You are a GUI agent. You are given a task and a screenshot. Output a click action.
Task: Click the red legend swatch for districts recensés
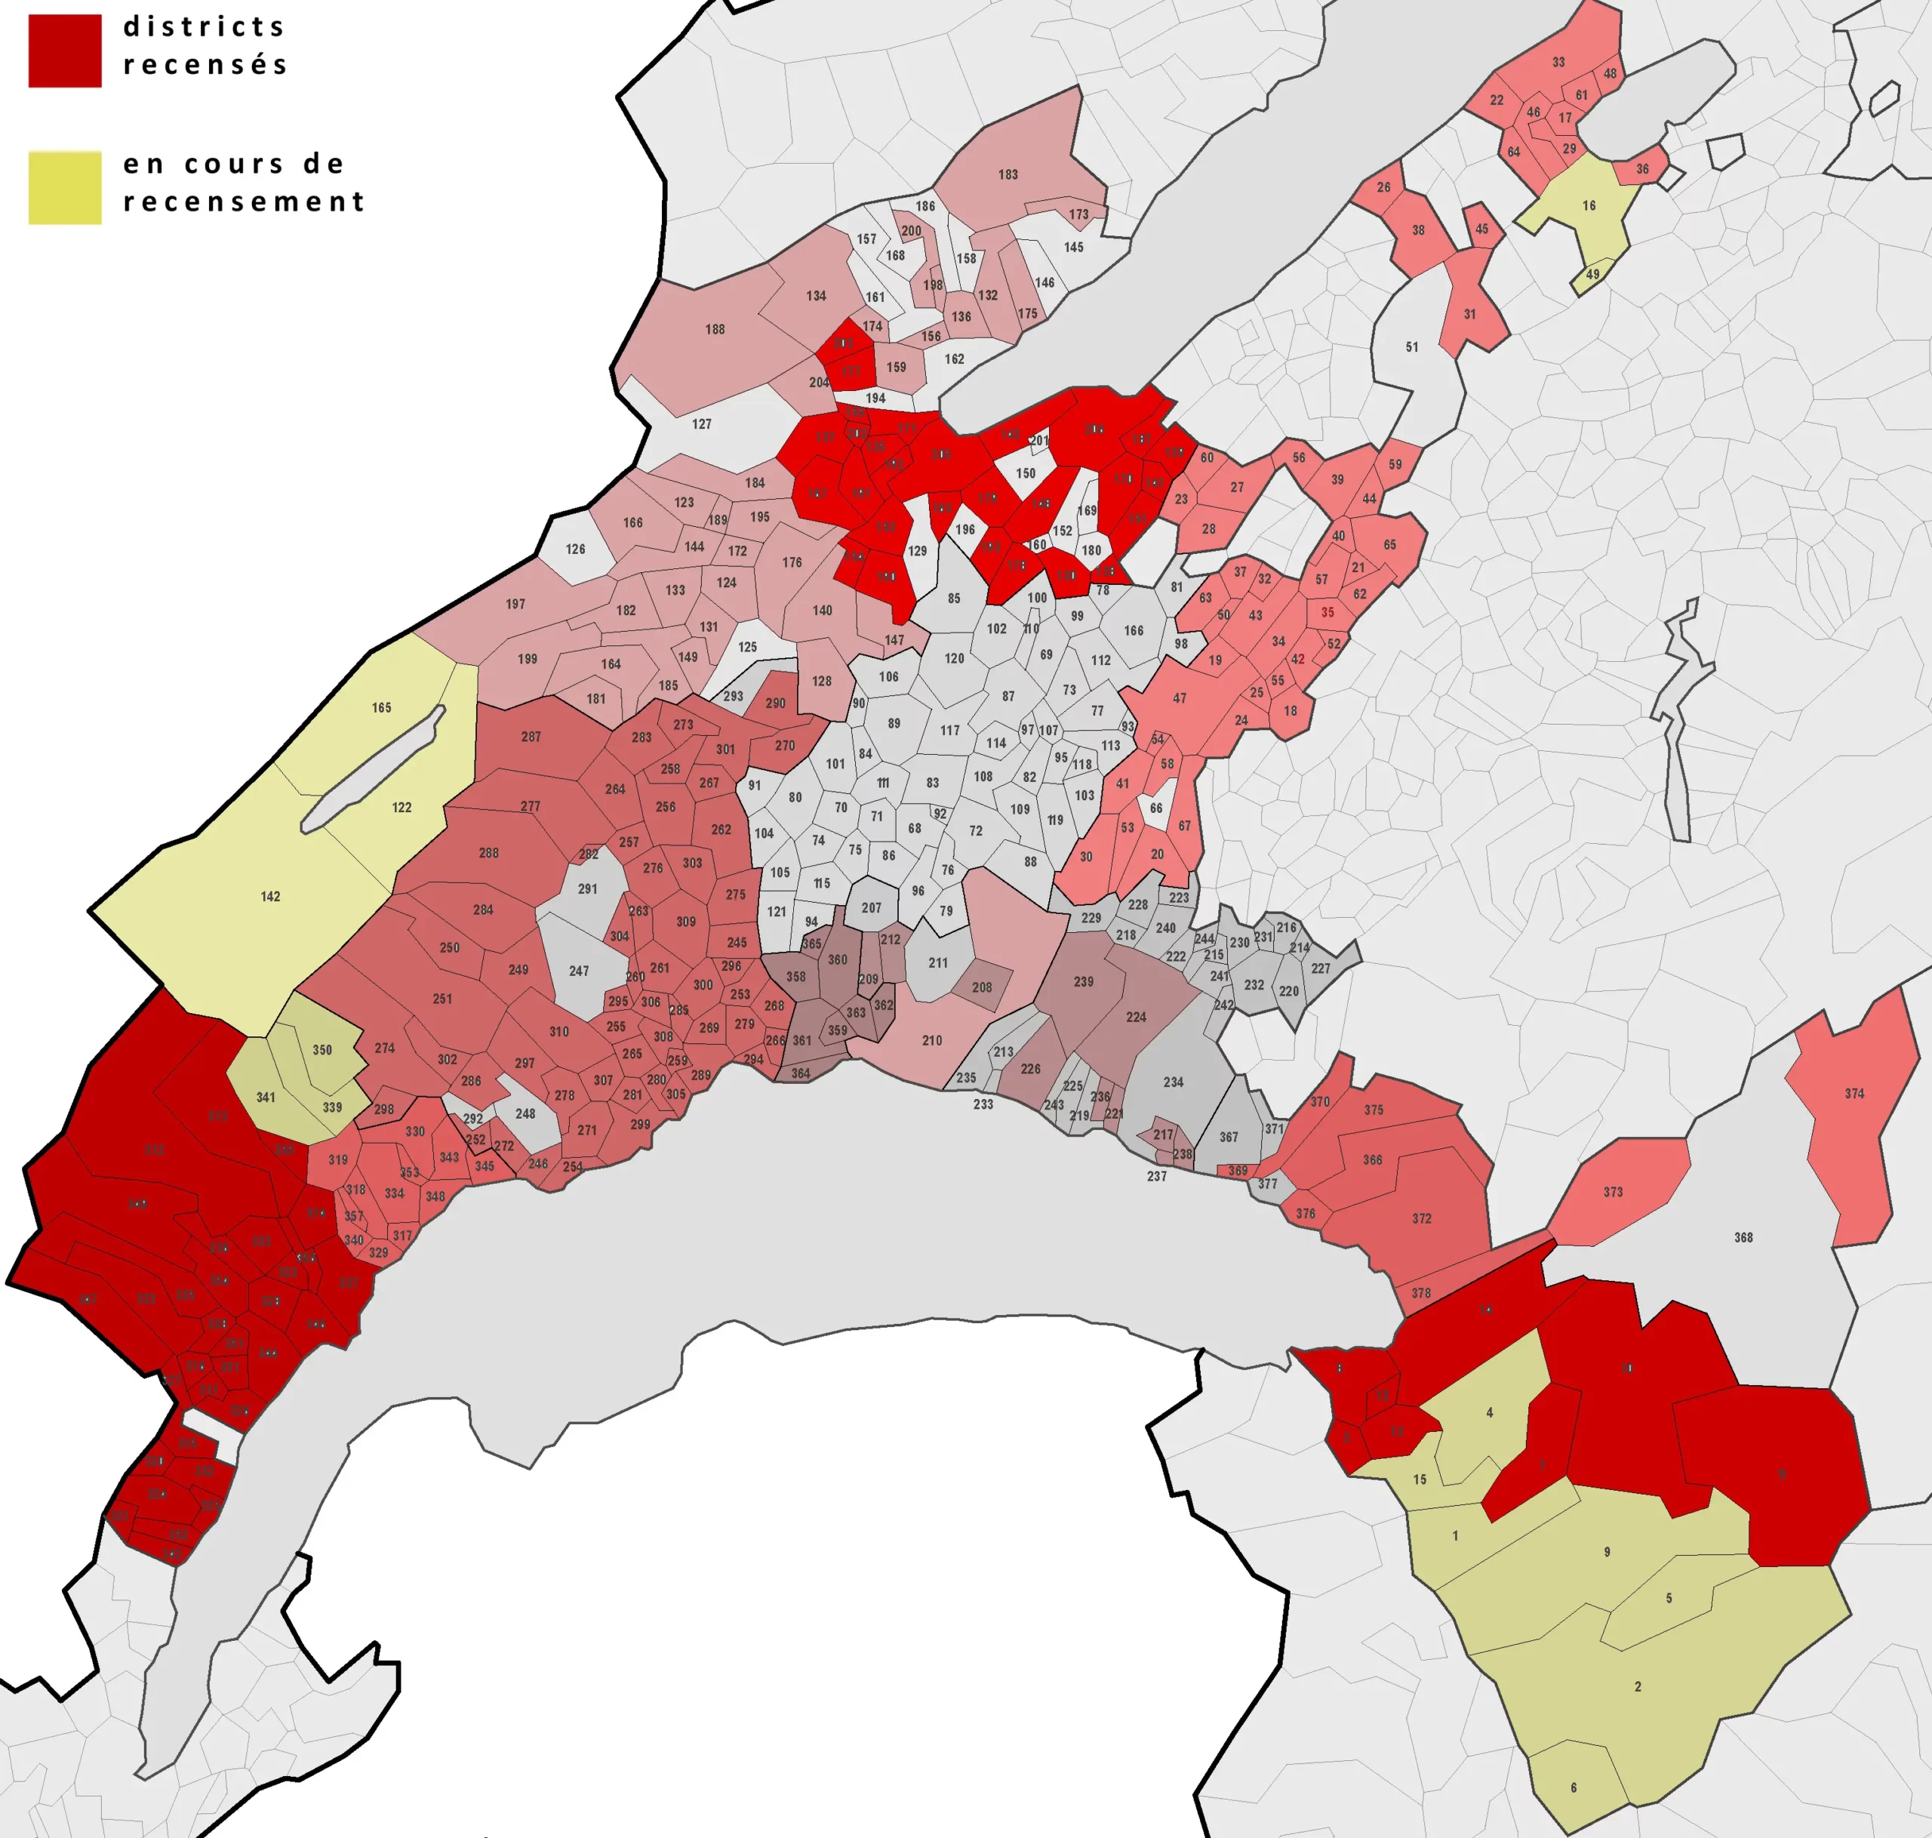click(65, 51)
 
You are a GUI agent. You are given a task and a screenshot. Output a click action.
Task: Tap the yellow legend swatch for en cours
click(65, 187)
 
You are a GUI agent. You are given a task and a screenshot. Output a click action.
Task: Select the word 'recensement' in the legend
click(244, 202)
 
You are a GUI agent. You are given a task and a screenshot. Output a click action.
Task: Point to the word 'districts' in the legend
click(204, 26)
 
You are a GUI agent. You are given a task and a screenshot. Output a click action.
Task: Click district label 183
click(1008, 174)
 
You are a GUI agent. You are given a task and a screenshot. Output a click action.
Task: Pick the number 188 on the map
click(715, 329)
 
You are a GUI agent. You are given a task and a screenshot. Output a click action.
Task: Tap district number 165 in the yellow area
click(381, 707)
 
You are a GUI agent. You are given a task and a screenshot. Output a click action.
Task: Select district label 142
click(270, 897)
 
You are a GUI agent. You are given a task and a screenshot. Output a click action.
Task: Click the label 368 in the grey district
click(1743, 1237)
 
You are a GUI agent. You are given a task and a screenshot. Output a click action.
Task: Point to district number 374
click(1854, 1094)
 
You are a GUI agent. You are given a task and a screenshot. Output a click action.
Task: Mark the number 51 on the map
click(1412, 346)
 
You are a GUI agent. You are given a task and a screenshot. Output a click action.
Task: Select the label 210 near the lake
click(932, 1040)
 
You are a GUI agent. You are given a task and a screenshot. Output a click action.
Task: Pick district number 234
click(1173, 1082)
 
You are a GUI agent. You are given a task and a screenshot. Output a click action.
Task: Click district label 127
click(701, 424)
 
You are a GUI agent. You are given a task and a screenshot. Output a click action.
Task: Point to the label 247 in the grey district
click(579, 971)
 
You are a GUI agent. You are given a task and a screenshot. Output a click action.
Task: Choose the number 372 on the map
click(1422, 1219)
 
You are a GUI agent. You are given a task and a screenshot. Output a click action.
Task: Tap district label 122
click(401, 808)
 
